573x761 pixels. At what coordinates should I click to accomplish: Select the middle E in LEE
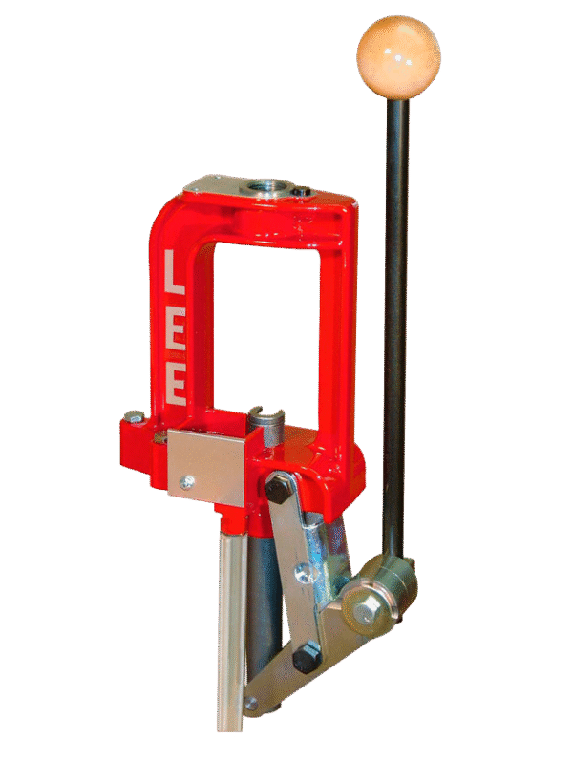coord(176,328)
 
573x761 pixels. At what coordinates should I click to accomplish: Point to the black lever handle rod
coord(395,315)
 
